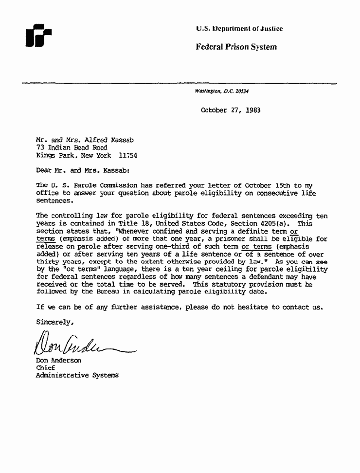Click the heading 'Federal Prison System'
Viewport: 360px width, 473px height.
click(236, 47)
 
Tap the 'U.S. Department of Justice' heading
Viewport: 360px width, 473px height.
click(239, 29)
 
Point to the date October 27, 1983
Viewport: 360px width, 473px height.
click(230, 110)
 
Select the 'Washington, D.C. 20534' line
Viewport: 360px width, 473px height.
click(222, 91)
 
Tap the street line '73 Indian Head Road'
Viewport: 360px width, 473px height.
click(72, 147)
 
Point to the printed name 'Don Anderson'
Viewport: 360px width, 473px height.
click(59, 361)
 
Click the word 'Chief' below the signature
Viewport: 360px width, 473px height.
click(46, 368)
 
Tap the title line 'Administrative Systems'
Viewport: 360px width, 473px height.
click(77, 376)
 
